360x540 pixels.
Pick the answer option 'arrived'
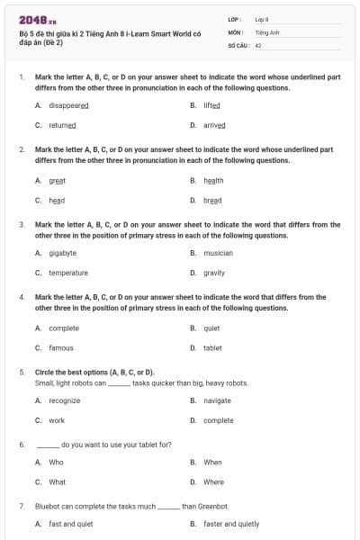[x=214, y=126]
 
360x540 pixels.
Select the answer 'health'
[x=213, y=181]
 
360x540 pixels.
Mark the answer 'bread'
[x=212, y=200]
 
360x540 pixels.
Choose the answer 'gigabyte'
[x=62, y=254]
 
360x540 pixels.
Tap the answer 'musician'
[x=218, y=254]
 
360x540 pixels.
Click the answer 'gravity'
[x=214, y=273]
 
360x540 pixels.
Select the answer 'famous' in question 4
[x=61, y=347]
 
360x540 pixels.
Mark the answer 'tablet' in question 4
[x=212, y=347]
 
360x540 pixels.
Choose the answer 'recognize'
[x=64, y=400]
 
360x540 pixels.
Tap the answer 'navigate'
[x=217, y=400]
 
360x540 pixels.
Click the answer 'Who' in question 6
[x=56, y=463]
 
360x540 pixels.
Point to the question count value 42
[x=258, y=44]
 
